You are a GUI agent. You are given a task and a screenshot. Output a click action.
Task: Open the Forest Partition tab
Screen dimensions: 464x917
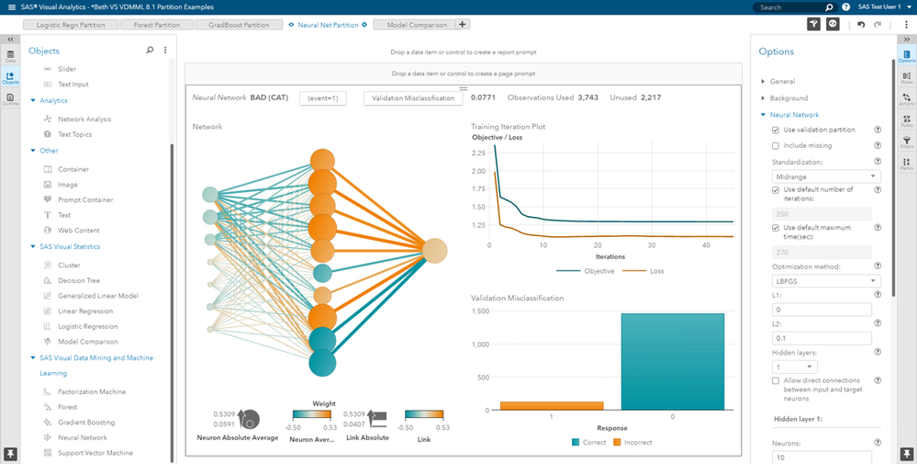click(157, 25)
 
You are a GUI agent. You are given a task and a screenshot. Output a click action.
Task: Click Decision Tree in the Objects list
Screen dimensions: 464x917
click(79, 280)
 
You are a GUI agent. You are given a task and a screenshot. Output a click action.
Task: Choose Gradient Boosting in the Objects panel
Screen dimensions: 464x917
click(87, 422)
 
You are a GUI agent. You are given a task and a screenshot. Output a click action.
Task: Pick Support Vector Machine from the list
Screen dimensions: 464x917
click(95, 453)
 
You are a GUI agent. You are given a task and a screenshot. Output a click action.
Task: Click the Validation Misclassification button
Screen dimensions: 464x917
click(412, 98)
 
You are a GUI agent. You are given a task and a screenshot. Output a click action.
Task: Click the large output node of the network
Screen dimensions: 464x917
click(435, 250)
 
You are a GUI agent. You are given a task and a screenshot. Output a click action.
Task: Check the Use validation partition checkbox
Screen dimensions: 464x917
click(776, 130)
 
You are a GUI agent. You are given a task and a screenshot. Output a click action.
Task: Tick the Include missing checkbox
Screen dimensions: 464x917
click(776, 146)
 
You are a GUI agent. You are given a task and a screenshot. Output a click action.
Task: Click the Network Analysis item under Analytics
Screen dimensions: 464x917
click(84, 119)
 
